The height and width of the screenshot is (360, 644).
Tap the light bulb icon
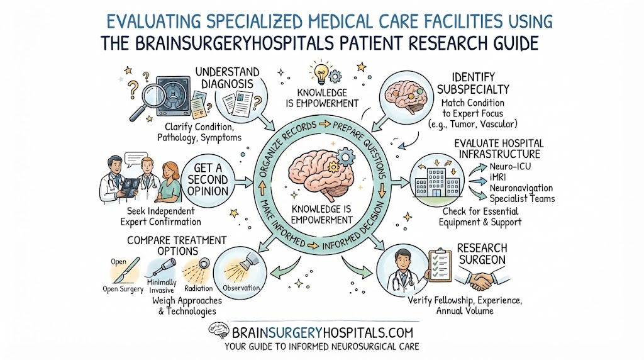pyautogui.click(x=320, y=70)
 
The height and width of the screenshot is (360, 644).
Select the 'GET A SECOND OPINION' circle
pyautogui.click(x=208, y=179)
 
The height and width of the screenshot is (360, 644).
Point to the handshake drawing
pyautogui.click(x=482, y=279)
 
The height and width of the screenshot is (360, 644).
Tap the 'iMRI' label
pyautogui.click(x=497, y=177)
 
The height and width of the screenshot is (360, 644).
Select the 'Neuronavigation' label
pyautogui.click(x=521, y=188)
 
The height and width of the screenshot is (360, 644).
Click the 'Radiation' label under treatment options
pyautogui.click(x=198, y=288)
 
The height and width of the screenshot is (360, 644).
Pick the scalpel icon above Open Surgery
pyautogui.click(x=127, y=269)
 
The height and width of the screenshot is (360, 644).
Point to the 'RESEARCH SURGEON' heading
pyautogui.click(x=482, y=254)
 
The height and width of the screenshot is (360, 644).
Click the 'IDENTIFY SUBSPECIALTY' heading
pyautogui.click(x=473, y=84)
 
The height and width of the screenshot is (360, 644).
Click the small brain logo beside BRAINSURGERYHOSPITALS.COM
pyautogui.click(x=218, y=330)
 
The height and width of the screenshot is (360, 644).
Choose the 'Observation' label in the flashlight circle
pyautogui.click(x=241, y=288)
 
